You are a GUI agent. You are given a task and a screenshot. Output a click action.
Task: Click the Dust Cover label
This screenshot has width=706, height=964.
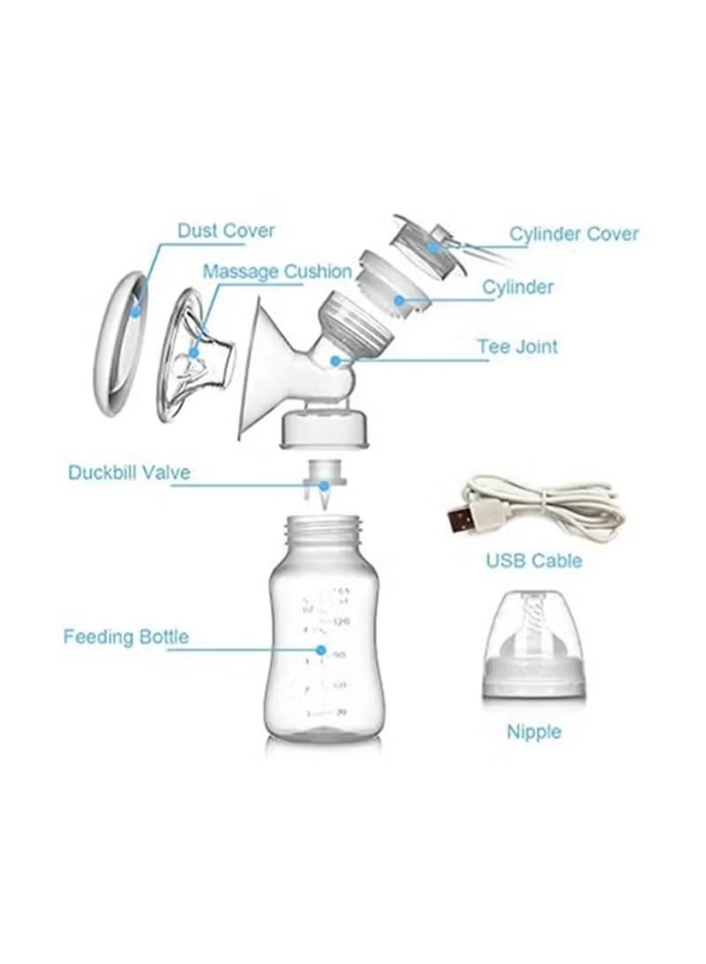(225, 231)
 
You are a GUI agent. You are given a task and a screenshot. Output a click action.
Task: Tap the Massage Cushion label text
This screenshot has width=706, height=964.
(277, 272)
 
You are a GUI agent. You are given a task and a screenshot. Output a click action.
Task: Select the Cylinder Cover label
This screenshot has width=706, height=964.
(573, 234)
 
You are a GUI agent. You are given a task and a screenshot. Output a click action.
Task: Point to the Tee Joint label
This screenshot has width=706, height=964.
(518, 346)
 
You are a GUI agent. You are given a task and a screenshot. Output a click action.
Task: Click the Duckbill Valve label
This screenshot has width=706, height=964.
(129, 472)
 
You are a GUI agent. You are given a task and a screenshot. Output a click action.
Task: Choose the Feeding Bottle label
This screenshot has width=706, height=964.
(125, 637)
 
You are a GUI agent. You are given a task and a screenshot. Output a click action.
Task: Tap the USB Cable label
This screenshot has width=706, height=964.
(534, 561)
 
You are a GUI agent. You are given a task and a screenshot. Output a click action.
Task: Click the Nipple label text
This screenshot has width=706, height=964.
(534, 732)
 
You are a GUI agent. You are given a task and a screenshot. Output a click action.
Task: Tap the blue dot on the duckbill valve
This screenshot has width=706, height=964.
(324, 485)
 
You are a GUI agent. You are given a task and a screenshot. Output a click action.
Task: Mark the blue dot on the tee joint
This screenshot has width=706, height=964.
(336, 360)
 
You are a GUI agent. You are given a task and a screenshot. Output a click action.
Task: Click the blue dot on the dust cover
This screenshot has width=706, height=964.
(134, 310)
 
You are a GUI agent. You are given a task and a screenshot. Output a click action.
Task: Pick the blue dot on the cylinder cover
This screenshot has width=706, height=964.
(434, 245)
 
